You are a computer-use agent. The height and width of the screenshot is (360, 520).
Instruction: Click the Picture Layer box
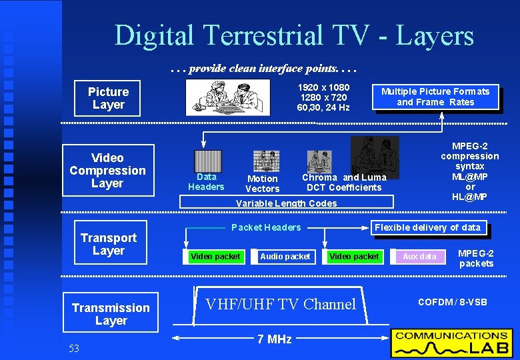[107, 98]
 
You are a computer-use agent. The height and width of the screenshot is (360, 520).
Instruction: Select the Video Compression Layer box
[107, 171]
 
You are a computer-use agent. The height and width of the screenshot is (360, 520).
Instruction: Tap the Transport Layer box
[108, 244]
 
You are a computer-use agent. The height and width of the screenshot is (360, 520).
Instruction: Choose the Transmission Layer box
[111, 313]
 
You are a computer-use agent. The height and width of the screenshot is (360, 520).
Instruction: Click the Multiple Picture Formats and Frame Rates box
[435, 97]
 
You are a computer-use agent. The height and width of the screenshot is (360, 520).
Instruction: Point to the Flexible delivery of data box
[427, 227]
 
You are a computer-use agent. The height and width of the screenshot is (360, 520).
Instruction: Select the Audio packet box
[285, 256]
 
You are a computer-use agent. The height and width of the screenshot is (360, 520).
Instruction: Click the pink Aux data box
[419, 256]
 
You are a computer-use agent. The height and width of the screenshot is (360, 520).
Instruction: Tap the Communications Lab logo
[451, 343]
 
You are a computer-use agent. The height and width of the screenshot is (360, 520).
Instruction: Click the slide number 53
[73, 349]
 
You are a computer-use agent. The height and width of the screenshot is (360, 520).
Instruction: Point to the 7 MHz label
[274, 339]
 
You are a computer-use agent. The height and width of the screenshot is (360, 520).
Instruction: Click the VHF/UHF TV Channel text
[280, 305]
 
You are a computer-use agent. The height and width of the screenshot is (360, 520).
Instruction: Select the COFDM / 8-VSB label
[453, 302]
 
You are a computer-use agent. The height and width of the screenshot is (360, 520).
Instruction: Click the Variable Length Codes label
[287, 203]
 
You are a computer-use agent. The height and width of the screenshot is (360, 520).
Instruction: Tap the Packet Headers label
[266, 227]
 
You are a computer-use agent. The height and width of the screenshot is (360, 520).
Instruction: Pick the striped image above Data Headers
[207, 161]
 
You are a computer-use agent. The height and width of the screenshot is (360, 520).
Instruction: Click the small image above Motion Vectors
[266, 161]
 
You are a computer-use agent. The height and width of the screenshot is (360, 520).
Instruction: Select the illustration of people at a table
[228, 98]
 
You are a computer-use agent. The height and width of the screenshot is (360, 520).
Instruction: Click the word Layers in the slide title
[435, 36]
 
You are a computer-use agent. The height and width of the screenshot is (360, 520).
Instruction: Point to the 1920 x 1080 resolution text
[323, 87]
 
